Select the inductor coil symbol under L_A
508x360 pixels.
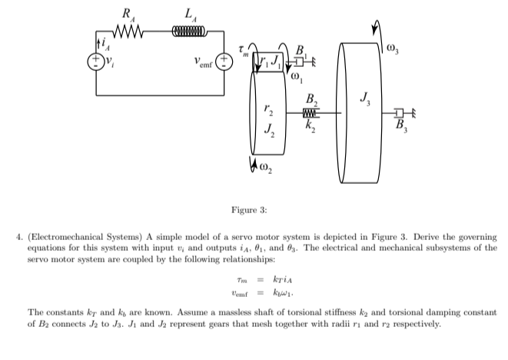tap(185, 32)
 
